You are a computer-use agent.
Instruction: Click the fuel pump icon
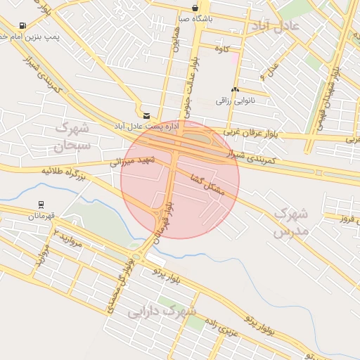point(23,26)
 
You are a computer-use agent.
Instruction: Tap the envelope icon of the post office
point(146,115)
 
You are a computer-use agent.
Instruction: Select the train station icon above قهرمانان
point(41,206)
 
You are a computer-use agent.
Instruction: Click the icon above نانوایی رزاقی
point(235,91)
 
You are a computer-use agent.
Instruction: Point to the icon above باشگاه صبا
point(194,8)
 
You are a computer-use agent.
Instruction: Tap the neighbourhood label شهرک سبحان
point(72,137)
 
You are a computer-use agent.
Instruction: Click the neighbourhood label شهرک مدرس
point(290,221)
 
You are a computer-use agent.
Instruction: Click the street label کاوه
point(222,49)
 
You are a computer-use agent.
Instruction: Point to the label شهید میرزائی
point(131,162)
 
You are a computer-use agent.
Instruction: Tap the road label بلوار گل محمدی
point(118,281)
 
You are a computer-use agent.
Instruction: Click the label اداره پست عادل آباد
point(148,125)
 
